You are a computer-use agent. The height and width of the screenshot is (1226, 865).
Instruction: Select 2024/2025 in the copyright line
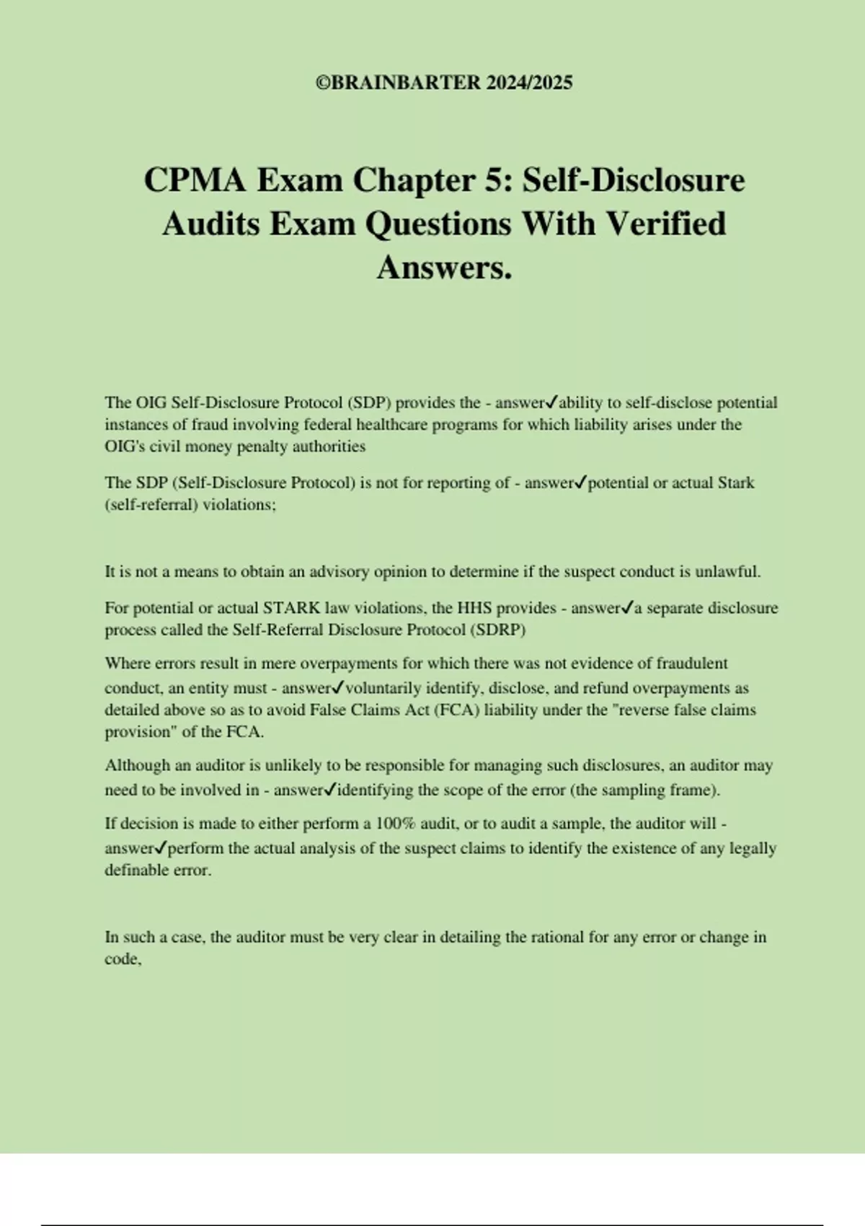[x=529, y=83]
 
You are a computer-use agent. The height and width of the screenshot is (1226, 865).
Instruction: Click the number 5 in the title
[x=494, y=180]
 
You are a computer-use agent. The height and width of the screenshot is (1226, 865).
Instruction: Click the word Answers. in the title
[x=444, y=268]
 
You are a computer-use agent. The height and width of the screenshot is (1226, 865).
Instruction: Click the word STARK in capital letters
[x=292, y=608]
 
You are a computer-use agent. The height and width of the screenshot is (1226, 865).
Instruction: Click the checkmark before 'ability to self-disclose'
[x=552, y=402]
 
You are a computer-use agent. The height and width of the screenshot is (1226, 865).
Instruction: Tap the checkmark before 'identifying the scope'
[x=330, y=790]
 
